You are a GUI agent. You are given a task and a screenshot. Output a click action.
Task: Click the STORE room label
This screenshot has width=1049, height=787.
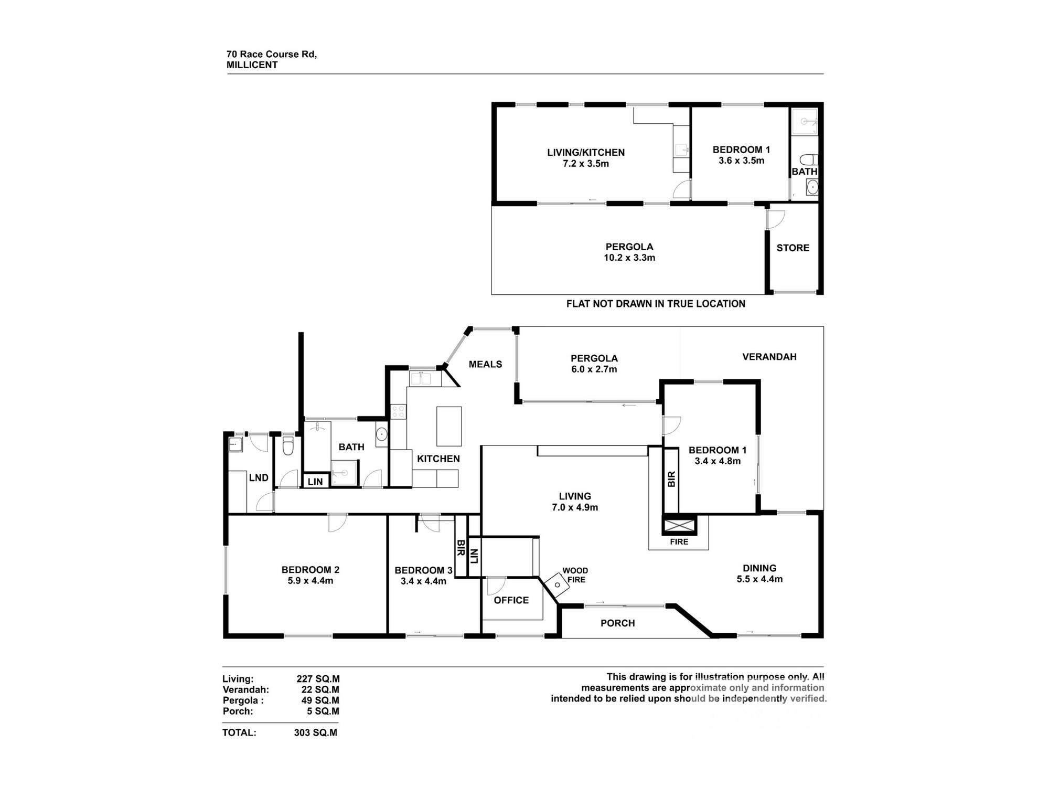point(793,248)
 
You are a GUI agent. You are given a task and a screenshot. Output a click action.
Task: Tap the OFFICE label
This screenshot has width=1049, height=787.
point(511,600)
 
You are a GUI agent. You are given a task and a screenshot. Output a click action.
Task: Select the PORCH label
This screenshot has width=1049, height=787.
point(617,623)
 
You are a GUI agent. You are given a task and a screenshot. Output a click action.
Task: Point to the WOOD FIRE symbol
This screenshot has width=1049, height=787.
point(556,583)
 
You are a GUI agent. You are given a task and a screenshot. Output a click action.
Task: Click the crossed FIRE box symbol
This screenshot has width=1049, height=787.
point(679,525)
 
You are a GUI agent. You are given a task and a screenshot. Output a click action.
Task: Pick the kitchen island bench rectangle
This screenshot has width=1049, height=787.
point(449,426)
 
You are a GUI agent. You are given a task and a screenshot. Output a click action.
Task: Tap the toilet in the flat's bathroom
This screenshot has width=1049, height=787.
point(809,159)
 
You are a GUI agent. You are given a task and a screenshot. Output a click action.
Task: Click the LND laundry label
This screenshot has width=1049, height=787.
point(259,478)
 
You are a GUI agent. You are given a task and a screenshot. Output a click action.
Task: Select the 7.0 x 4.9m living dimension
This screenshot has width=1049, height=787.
point(575,507)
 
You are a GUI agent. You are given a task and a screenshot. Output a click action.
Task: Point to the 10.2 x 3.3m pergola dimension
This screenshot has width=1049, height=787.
point(629,258)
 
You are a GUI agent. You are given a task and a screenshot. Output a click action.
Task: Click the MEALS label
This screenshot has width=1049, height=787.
point(485,364)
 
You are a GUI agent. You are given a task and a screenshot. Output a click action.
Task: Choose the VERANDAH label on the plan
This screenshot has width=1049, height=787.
point(769,357)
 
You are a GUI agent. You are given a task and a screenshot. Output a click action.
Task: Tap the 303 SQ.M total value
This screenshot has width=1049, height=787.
point(316,732)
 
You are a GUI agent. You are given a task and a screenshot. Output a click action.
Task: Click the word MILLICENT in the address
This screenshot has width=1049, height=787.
point(252,65)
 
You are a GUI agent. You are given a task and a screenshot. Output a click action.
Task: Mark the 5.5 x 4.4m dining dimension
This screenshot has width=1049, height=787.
point(759,579)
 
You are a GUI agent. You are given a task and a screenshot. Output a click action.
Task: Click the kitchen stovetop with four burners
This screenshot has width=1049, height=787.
point(398,411)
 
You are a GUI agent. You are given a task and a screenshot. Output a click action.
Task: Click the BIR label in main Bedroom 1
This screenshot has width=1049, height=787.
point(671,478)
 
